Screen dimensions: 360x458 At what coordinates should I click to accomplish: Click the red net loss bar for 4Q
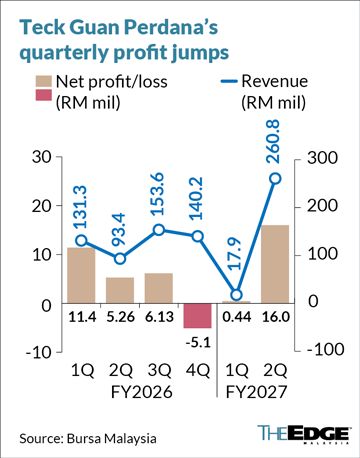198,316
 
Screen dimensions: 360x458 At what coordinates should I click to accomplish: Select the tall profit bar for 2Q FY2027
275,264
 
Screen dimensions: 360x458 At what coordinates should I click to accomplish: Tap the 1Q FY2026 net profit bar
81,275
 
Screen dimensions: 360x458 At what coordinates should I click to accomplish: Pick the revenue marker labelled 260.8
275,179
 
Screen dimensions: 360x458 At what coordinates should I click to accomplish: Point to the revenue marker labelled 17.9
236,295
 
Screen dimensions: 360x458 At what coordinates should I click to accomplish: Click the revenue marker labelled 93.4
120,259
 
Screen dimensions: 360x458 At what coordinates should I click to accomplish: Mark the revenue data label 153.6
158,194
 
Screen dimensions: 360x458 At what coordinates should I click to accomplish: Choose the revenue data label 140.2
197,198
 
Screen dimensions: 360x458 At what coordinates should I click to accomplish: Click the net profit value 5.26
120,317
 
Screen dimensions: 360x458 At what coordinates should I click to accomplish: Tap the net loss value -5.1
198,342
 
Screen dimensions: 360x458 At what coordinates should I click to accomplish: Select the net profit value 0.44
237,317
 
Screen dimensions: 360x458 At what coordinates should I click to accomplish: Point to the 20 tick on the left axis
42,206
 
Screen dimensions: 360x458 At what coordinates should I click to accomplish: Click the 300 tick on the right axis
322,158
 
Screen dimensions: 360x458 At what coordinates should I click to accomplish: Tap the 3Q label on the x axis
159,370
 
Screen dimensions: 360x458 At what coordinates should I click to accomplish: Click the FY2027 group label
256,392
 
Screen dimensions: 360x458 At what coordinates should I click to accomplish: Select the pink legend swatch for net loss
44,95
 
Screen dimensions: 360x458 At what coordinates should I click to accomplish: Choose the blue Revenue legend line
229,81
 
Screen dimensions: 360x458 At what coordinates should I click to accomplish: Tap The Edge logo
304,434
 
